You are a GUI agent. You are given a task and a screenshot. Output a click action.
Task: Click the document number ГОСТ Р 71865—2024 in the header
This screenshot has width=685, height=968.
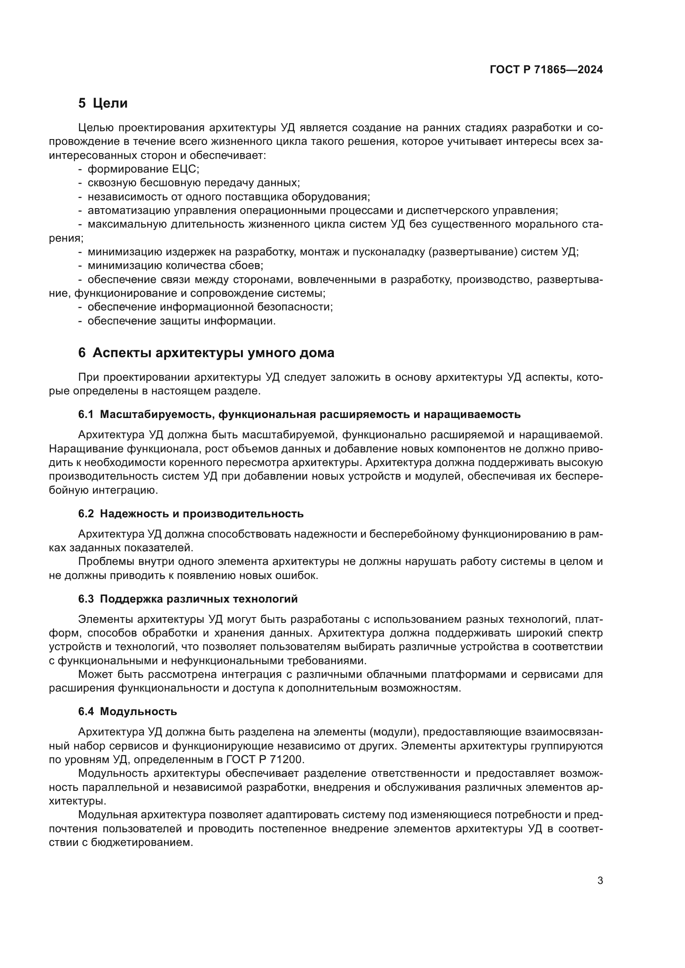546,70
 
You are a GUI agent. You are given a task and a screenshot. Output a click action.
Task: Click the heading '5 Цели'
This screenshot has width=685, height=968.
103,103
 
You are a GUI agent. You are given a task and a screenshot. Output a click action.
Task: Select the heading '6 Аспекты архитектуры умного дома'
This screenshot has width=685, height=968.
206,353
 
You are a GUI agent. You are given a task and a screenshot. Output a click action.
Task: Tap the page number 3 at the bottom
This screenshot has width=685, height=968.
600,880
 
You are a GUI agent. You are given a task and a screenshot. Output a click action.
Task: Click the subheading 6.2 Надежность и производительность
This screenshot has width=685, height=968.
191,514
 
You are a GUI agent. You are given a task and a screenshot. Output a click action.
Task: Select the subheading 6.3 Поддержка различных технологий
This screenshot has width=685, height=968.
188,599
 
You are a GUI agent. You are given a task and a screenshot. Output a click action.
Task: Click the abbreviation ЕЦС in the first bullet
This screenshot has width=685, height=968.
184,169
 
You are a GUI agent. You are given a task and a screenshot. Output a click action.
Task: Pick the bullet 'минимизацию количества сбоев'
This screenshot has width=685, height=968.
175,266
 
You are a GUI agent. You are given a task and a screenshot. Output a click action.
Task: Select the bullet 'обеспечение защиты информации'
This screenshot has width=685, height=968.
181,321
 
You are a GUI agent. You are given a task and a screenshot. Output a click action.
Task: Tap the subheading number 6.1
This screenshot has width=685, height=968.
86,414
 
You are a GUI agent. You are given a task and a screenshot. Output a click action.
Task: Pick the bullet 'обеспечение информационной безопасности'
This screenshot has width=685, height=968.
210,307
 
